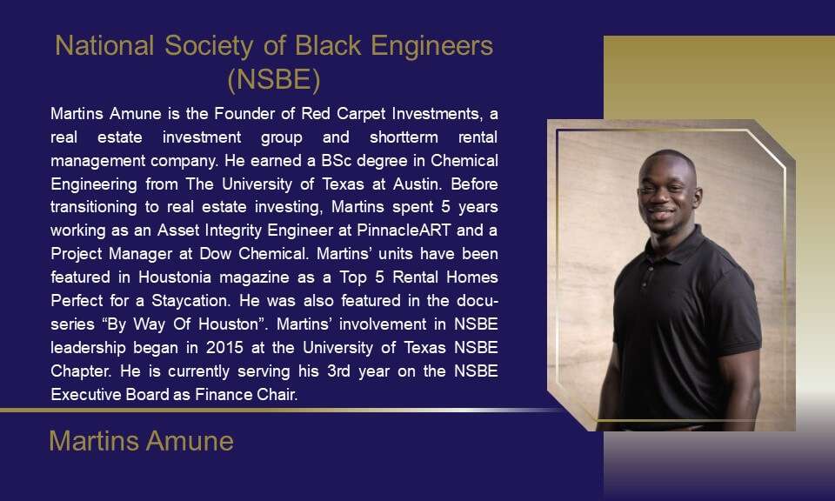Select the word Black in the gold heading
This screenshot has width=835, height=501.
click(328, 46)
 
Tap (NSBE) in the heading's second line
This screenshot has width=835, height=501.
click(274, 80)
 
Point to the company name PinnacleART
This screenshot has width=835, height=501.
click(404, 230)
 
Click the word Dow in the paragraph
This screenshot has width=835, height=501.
click(215, 254)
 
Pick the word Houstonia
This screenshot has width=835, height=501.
click(175, 277)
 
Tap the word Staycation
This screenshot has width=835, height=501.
click(190, 301)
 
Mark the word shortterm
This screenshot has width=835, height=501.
click(404, 137)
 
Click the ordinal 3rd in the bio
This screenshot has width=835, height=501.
click(338, 371)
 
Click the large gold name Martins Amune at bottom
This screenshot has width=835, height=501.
click(141, 441)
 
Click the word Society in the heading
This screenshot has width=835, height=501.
click(209, 46)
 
